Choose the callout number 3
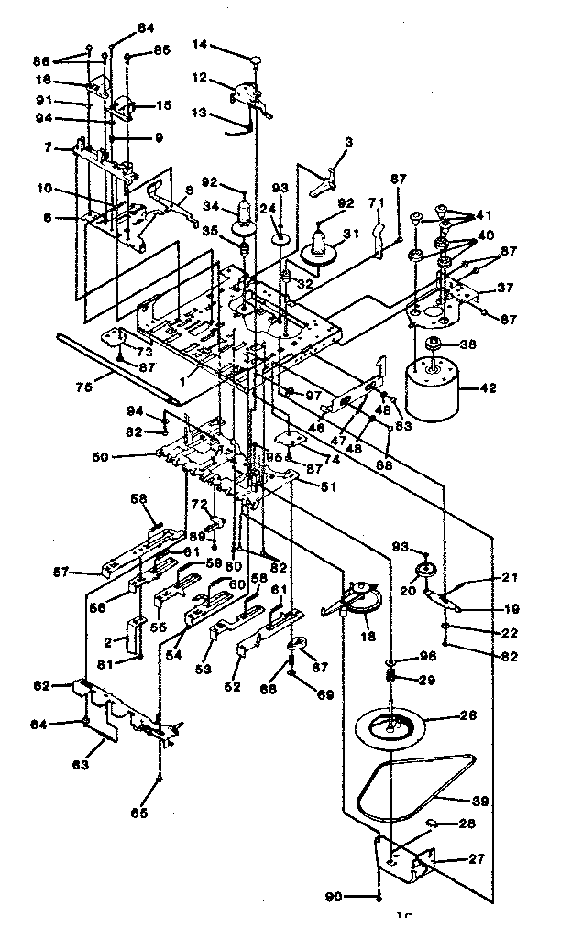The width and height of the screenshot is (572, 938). pyautogui.click(x=347, y=143)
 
